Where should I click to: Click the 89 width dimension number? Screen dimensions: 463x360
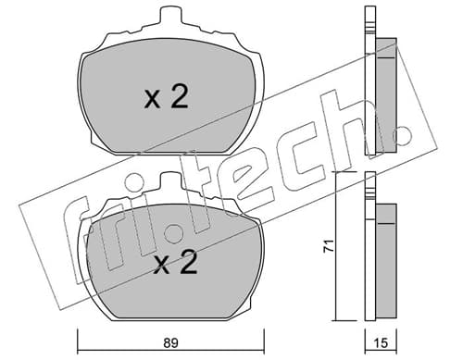[170, 343]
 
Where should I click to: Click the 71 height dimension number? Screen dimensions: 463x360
[329, 246]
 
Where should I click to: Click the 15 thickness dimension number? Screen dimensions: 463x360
[382, 343]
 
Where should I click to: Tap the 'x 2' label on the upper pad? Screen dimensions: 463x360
[166, 96]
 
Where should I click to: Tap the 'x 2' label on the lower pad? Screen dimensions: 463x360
[175, 262]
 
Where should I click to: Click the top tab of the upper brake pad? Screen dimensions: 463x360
[170, 14]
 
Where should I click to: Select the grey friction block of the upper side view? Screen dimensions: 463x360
[386, 95]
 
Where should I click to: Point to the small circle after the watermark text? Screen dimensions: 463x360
[404, 134]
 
